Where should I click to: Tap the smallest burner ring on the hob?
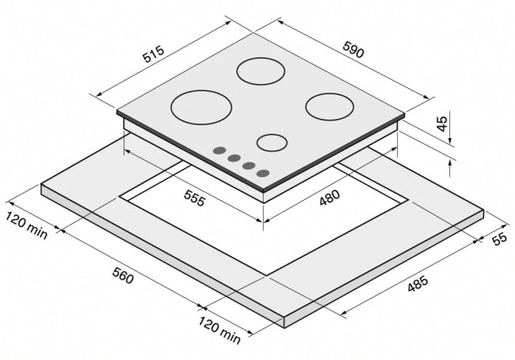272,143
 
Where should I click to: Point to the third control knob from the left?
248,165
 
